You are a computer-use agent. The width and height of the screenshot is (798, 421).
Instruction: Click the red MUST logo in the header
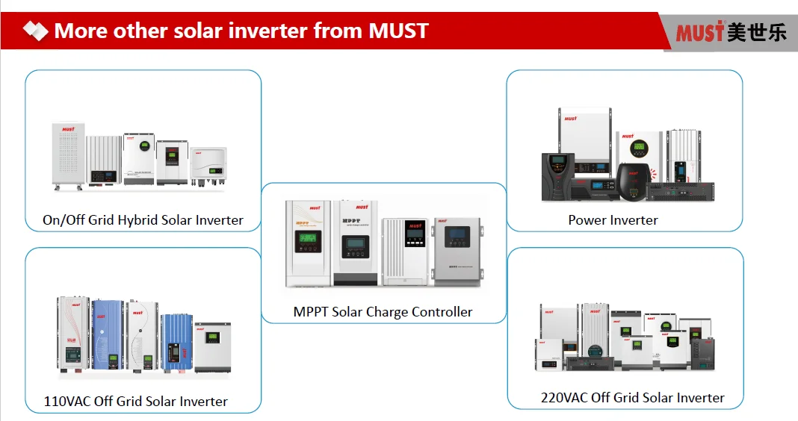click(699, 32)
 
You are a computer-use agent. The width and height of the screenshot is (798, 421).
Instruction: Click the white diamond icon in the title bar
click(35, 31)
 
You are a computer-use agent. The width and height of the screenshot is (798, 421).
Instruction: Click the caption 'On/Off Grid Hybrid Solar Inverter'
click(143, 220)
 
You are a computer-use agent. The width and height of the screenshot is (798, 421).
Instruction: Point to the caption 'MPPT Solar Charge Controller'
click(383, 312)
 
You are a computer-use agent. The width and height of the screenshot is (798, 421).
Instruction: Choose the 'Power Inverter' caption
click(613, 220)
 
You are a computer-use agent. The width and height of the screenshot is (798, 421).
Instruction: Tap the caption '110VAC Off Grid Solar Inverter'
click(136, 402)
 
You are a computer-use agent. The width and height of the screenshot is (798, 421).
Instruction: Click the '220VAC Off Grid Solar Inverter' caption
click(632, 398)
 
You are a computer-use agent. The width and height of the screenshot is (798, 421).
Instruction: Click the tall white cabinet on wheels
click(67, 155)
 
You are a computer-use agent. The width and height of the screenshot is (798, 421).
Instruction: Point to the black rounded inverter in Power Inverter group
click(632, 181)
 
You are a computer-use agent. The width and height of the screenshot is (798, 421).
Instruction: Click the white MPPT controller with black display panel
click(405, 250)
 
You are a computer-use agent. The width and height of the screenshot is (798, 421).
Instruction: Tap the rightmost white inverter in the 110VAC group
click(212, 347)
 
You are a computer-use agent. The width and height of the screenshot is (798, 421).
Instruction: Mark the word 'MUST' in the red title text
click(398, 31)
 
